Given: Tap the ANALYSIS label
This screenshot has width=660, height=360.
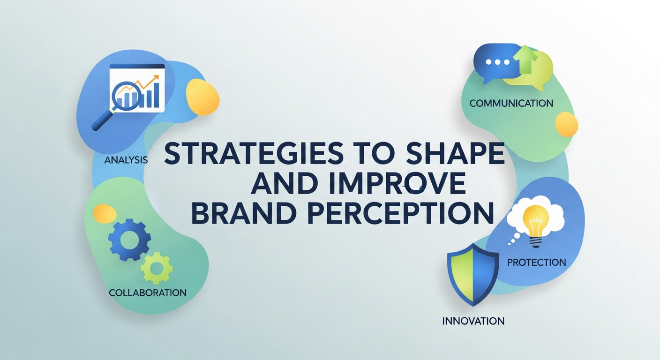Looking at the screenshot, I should (126, 160).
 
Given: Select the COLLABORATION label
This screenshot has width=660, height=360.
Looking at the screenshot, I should (148, 292).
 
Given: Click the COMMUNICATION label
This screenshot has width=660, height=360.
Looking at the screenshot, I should (511, 103).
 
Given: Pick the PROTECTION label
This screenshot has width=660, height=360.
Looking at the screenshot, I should (536, 262).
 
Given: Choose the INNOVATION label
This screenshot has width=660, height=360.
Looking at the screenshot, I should (473, 321).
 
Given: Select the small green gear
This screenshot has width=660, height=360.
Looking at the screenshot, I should (157, 268).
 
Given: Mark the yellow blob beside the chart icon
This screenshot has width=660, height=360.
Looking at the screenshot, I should (202, 97).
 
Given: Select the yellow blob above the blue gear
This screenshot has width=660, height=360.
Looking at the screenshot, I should (105, 214).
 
